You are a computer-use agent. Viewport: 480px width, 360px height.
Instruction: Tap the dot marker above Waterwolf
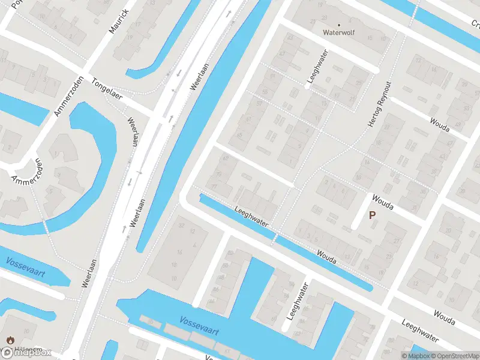pos(338,25)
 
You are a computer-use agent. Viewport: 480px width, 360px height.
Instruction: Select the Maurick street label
pos(119,21)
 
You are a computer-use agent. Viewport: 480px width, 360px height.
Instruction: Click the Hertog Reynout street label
pos(380,104)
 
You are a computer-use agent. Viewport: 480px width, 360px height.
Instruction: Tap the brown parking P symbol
pos(372,215)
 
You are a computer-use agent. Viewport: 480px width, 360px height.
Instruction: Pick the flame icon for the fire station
pos(10,340)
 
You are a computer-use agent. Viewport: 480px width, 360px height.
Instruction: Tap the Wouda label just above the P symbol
pos(382,202)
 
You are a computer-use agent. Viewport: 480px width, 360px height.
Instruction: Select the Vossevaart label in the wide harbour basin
pos(199,326)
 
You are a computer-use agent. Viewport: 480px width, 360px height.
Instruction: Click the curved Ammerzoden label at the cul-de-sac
pos(25,172)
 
